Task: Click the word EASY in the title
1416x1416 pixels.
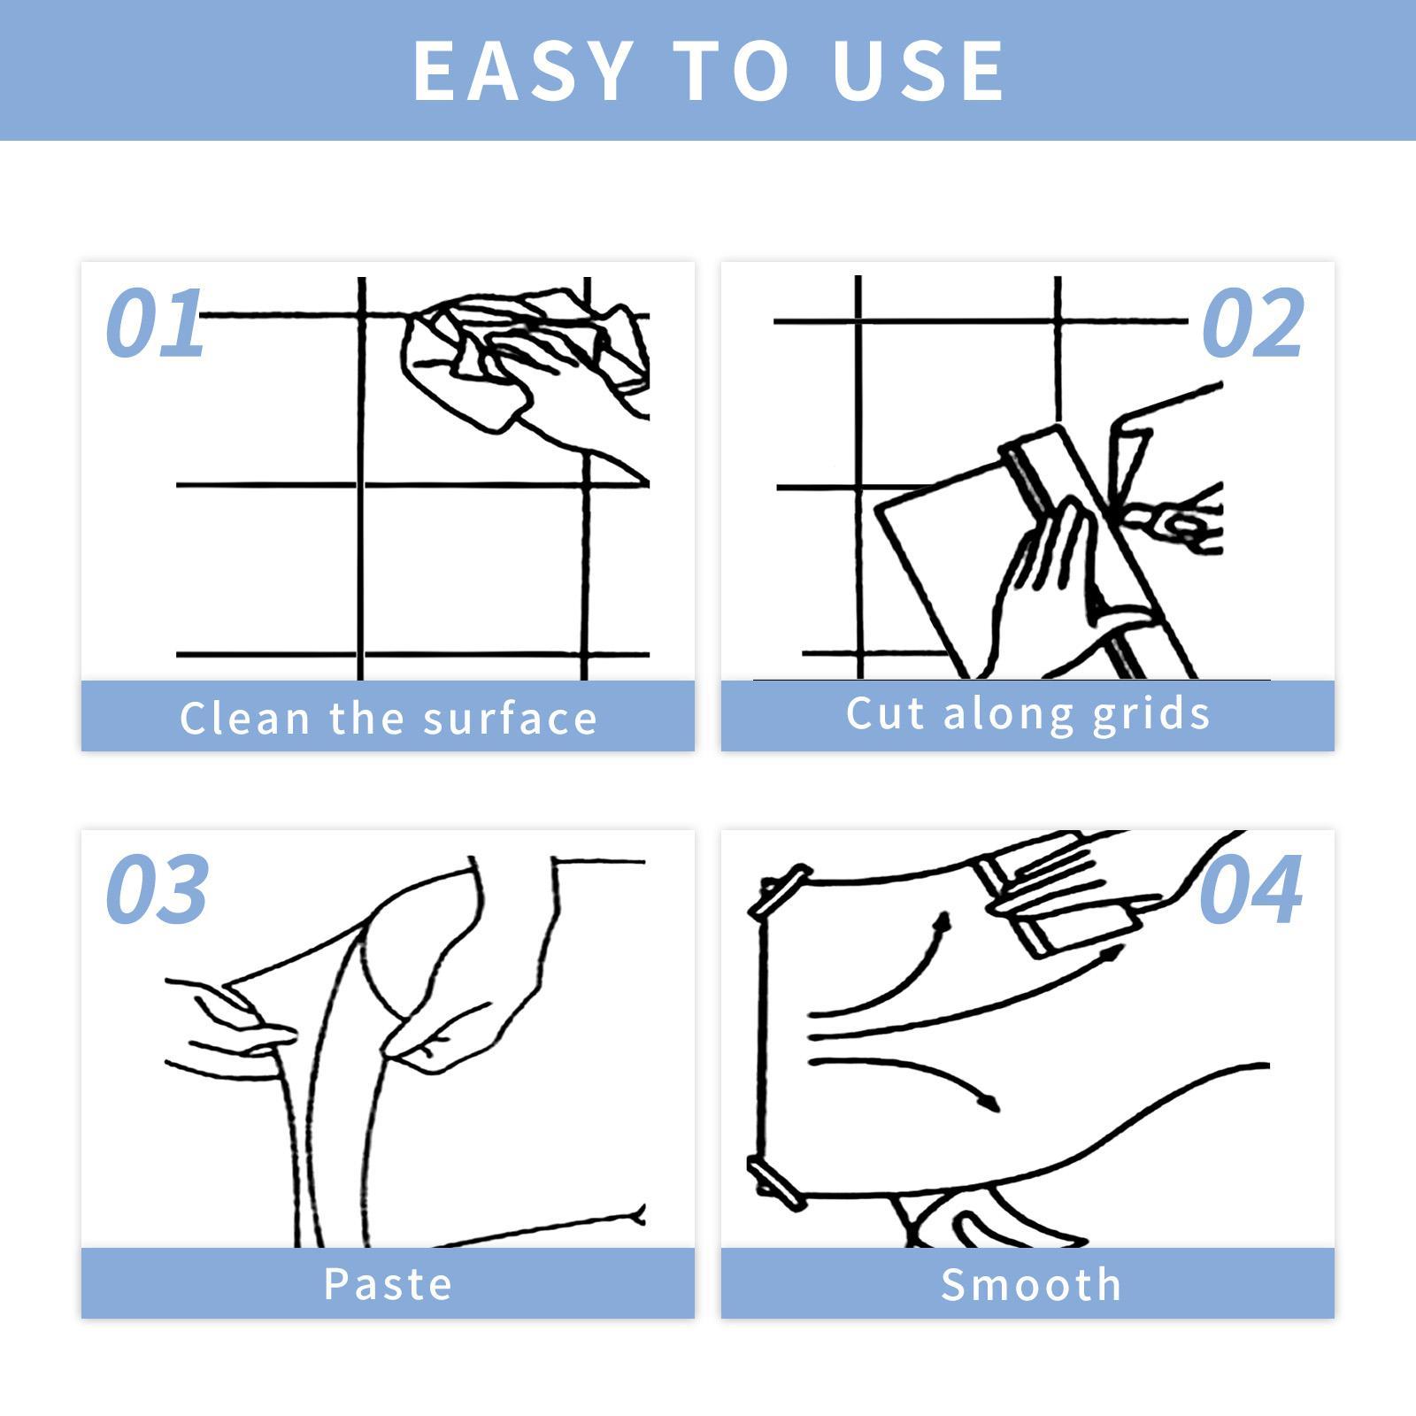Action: pyautogui.click(x=521, y=71)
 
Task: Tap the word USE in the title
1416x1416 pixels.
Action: pyautogui.click(x=919, y=71)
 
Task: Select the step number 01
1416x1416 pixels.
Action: pyautogui.click(x=155, y=323)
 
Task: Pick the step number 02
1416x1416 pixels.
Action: pyautogui.click(x=1253, y=324)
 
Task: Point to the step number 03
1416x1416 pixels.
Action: pyautogui.click(x=158, y=889)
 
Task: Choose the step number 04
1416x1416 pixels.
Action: pyautogui.click(x=1251, y=889)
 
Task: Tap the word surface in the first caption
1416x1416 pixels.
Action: pyautogui.click(x=511, y=719)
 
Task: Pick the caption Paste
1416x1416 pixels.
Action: pyautogui.click(x=388, y=1284)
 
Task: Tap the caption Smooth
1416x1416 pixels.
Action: pyautogui.click(x=1031, y=1284)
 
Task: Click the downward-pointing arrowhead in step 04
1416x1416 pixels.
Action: pyautogui.click(x=989, y=1102)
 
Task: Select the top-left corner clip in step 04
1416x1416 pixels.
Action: pyautogui.click(x=780, y=890)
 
